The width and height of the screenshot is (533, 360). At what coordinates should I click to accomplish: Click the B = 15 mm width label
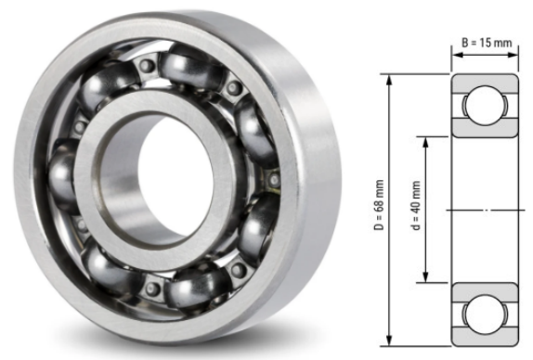coord(487,43)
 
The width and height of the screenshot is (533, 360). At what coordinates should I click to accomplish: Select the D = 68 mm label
coord(379,205)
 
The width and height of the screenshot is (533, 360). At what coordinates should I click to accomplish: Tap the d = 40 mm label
coord(416,205)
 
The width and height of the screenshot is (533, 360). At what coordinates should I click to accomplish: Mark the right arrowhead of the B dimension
coord(513,55)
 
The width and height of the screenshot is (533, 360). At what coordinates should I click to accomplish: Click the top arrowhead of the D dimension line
coord(390,80)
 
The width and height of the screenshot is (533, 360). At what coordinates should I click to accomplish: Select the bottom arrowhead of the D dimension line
coord(390,340)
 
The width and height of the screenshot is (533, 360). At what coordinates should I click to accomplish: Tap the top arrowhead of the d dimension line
coord(425,143)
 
